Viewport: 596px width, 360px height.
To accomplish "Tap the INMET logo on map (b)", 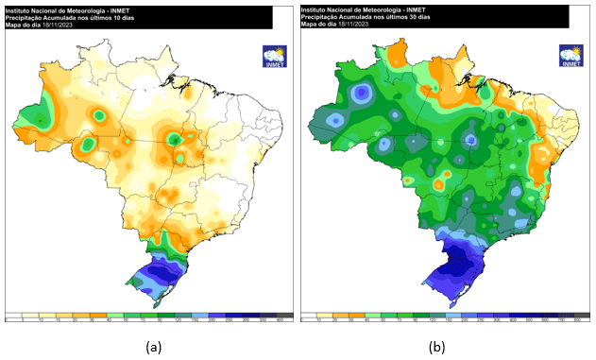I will [570, 56].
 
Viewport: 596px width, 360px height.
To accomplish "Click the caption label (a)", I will [153, 348].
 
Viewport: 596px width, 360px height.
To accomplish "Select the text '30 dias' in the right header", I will [417, 17].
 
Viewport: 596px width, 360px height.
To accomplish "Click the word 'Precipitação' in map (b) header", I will [319, 17].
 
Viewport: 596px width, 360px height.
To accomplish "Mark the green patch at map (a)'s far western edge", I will [33, 114].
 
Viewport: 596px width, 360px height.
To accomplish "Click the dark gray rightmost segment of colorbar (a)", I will [285, 316].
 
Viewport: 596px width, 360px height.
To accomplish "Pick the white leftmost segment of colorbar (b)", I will [307, 316].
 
